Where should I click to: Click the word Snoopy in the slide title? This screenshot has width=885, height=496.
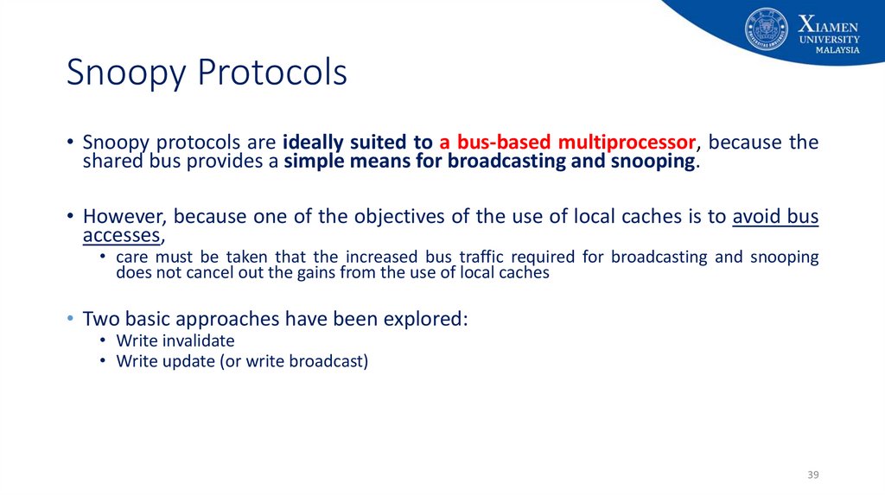pyautogui.click(x=126, y=73)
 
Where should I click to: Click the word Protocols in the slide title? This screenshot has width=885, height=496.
pyautogui.click(x=272, y=72)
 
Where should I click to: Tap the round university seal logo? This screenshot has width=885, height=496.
pyautogui.click(x=766, y=29)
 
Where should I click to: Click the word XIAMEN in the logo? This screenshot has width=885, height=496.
pyautogui.click(x=828, y=25)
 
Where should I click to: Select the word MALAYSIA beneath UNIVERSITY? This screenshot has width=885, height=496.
pyautogui.click(x=837, y=50)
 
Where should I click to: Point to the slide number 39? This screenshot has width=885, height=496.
pyautogui.click(x=812, y=474)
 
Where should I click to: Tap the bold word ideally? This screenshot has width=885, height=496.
pyautogui.click(x=313, y=143)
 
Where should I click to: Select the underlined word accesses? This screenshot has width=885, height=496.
pyautogui.click(x=121, y=236)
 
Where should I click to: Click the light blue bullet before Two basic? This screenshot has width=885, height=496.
pyautogui.click(x=70, y=319)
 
